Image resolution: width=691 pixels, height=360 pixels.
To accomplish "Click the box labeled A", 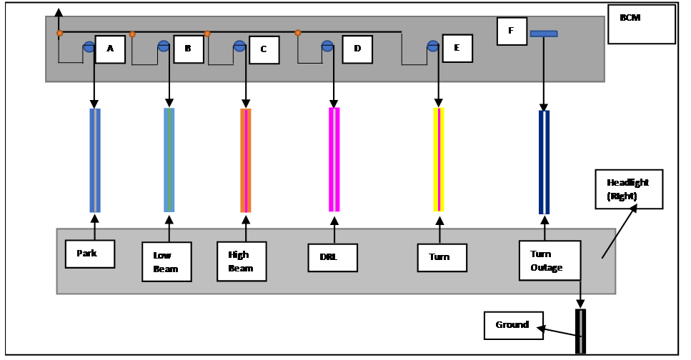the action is tap(110, 49).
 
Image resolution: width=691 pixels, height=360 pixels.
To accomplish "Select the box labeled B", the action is tap(189, 49).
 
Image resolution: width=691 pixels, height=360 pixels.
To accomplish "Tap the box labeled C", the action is tap(264, 50).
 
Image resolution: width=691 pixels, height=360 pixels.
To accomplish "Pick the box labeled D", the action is tap(357, 49).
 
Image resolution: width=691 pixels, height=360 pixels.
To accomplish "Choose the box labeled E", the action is tap(457, 49).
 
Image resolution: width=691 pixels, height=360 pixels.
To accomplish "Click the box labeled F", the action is tap(512, 31).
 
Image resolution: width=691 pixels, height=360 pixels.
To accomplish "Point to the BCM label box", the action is tap(642, 24).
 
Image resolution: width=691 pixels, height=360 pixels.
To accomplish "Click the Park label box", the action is tap(90, 254).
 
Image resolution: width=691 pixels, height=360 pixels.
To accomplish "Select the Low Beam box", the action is tap(166, 261).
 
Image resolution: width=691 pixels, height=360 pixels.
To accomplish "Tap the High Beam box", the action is tap(242, 261).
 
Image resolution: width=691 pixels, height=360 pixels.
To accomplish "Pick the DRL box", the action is tap(333, 258).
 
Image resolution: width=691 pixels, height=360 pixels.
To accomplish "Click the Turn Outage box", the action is tap(550, 261).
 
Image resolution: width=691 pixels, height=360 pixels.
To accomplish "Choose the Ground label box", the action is tap(514, 326).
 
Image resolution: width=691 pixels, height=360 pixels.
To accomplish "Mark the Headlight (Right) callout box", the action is tap(630, 189).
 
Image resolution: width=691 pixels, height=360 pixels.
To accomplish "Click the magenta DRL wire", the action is tap(334, 159).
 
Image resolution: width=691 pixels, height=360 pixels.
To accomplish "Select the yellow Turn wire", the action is tap(439, 159).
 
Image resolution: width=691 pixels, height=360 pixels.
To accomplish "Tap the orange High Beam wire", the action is tap(246, 161).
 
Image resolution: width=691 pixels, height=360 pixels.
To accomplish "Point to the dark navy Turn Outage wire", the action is tap(545, 162).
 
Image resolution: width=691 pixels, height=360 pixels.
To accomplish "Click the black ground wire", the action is tap(580, 331).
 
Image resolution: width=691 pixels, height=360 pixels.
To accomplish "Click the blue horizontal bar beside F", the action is tap(544, 34).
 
